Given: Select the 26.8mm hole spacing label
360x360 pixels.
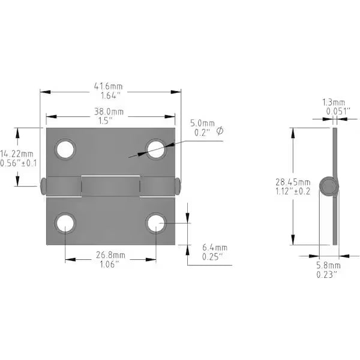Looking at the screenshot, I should click(110, 254).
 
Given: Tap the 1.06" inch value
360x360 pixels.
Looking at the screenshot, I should click(110, 263).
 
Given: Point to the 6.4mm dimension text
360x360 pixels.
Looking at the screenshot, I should click(214, 247).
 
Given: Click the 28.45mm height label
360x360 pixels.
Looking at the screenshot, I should click(297, 182).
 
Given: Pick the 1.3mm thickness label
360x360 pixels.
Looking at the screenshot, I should click(334, 102).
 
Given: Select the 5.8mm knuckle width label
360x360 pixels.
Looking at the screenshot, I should click(329, 265).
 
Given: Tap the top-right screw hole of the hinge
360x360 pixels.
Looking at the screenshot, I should click(156, 149).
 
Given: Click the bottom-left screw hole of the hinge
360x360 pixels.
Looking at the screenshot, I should click(65, 223).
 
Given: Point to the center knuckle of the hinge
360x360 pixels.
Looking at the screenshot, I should click(110, 186).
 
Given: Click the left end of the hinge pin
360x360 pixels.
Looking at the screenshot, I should click(43, 186).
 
